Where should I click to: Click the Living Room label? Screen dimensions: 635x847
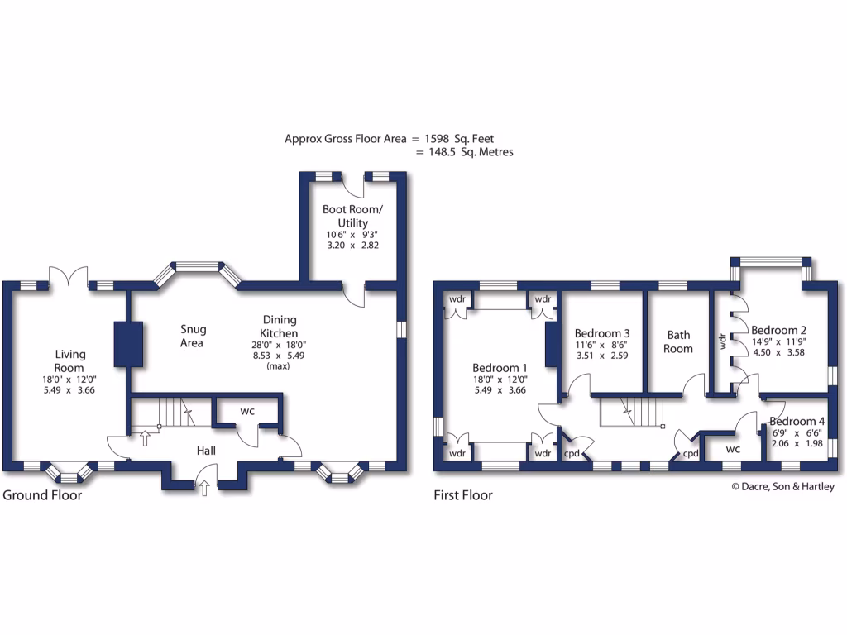tap(69, 360)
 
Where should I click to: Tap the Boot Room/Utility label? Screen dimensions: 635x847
tap(352, 217)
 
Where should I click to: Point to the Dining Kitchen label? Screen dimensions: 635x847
tap(280, 326)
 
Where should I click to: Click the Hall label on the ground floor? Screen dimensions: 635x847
tap(206, 451)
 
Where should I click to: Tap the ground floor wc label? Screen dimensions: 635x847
tap(247, 411)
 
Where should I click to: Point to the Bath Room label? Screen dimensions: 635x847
tap(679, 341)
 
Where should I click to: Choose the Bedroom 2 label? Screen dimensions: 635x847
tap(778, 329)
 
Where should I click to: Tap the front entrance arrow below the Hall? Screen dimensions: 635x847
tap(204, 489)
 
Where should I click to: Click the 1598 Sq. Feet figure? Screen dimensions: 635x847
tap(458, 139)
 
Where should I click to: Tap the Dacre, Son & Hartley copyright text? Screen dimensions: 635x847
tap(782, 487)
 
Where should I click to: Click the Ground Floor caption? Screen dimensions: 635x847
tap(42, 496)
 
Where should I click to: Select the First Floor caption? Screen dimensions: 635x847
tap(463, 496)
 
